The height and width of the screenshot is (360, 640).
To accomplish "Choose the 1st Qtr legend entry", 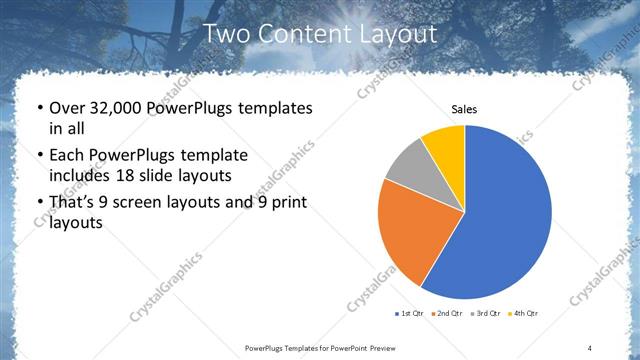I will tap(411, 314).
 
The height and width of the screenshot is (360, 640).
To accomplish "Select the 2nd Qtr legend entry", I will tap(445, 314).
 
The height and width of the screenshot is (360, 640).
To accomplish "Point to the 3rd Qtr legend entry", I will tap(485, 314).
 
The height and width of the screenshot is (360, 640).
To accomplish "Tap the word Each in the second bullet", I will tap(66, 156).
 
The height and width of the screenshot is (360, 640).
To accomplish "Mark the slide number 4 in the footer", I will tap(590, 347).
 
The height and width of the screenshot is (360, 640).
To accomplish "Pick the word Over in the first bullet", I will tap(68, 108).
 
